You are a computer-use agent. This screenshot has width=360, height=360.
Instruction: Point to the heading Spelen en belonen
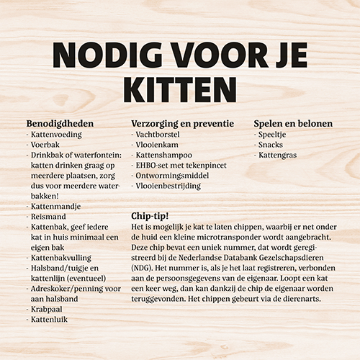click(x=293, y=123)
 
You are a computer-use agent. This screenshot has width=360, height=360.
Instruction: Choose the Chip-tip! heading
click(x=150, y=215)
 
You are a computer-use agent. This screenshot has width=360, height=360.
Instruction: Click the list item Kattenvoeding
click(x=58, y=134)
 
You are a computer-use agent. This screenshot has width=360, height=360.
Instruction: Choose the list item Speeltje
click(x=277, y=134)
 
